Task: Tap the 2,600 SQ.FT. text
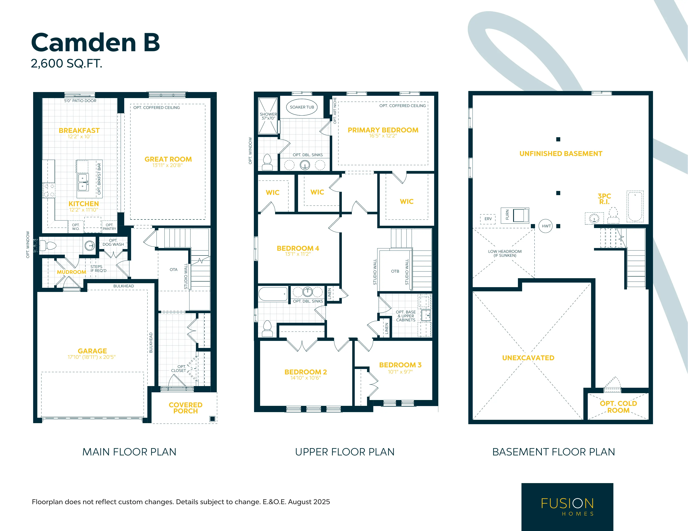click(x=66, y=64)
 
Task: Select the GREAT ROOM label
click(x=168, y=159)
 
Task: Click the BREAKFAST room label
click(x=79, y=130)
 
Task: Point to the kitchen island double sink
click(x=83, y=182)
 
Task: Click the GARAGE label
click(x=92, y=351)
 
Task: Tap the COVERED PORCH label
click(x=185, y=408)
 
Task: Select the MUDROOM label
click(x=71, y=272)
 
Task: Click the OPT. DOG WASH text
click(x=113, y=242)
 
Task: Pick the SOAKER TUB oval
click(x=302, y=107)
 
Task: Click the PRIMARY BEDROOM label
click(x=383, y=130)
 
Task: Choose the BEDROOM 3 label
click(x=400, y=365)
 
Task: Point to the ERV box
click(x=488, y=219)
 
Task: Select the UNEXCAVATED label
click(x=528, y=358)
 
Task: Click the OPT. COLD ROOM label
click(x=618, y=407)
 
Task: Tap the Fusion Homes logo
click(x=567, y=507)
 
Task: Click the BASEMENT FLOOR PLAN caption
click(x=554, y=452)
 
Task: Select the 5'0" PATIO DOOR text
click(x=80, y=101)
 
